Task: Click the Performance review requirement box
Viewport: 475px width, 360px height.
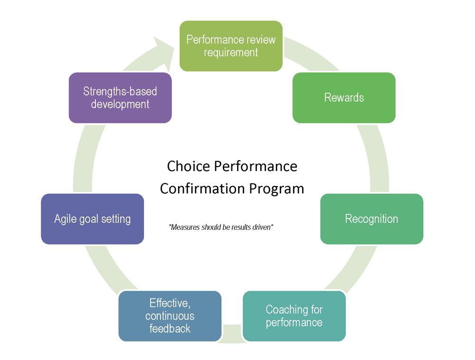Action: point(231,46)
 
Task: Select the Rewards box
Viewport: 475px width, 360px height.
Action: point(344,97)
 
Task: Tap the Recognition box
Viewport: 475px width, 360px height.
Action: point(372,219)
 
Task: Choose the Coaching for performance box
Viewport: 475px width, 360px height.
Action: point(294,316)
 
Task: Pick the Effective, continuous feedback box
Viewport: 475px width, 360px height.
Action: point(170,316)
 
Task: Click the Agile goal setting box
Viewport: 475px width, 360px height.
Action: point(93,219)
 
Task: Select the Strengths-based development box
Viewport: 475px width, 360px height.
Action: point(120,97)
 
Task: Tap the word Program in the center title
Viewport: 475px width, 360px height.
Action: point(276,189)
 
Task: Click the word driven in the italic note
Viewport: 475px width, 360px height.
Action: point(262,227)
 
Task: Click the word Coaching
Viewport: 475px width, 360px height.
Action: point(284,310)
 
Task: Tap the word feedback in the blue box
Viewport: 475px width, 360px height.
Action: point(170,329)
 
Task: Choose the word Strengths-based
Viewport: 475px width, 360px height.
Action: point(120,91)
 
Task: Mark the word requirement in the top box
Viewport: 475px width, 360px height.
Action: point(231,53)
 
